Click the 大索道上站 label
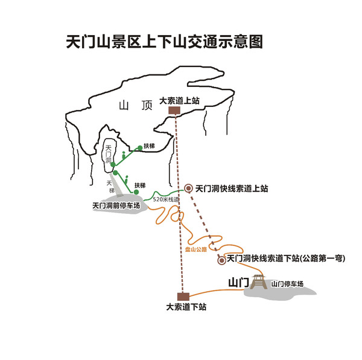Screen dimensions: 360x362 coord(179,101)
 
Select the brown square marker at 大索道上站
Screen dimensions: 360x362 coord(174,111)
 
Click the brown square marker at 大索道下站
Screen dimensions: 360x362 coord(183,295)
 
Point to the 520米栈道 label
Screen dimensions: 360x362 coord(166,199)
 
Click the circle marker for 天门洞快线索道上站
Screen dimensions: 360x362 coord(188,188)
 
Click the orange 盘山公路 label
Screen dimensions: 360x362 coord(195,248)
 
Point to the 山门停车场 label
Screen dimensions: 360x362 coord(287,283)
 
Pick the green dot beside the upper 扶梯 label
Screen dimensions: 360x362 coord(139,147)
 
